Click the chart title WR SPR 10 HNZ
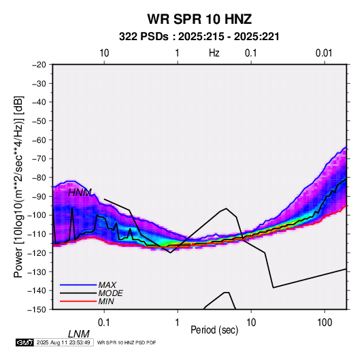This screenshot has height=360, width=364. click(x=199, y=19)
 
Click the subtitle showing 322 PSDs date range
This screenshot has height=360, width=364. click(x=199, y=37)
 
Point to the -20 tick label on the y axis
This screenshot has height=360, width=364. click(x=39, y=65)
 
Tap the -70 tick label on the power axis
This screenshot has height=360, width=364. click(x=39, y=159)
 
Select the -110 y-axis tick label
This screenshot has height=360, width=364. click(x=37, y=234)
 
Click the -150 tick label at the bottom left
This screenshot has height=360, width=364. click(x=37, y=310)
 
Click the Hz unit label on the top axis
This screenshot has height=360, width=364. click(x=214, y=53)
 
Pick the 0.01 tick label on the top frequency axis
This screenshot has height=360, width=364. click(x=324, y=53)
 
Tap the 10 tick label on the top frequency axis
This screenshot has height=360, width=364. click(x=104, y=53)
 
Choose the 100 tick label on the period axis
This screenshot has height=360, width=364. click(x=325, y=323)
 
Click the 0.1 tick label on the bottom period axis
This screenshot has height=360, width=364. click(x=104, y=323)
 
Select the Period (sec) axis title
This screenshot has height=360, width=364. click(x=214, y=330)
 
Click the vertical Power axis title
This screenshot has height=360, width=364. click(x=18, y=187)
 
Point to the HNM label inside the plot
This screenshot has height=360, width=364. click(x=80, y=193)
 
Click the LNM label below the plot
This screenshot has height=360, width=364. click(x=79, y=334)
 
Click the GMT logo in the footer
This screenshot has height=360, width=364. click(x=24, y=342)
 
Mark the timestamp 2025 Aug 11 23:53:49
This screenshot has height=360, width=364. click(x=63, y=342)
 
